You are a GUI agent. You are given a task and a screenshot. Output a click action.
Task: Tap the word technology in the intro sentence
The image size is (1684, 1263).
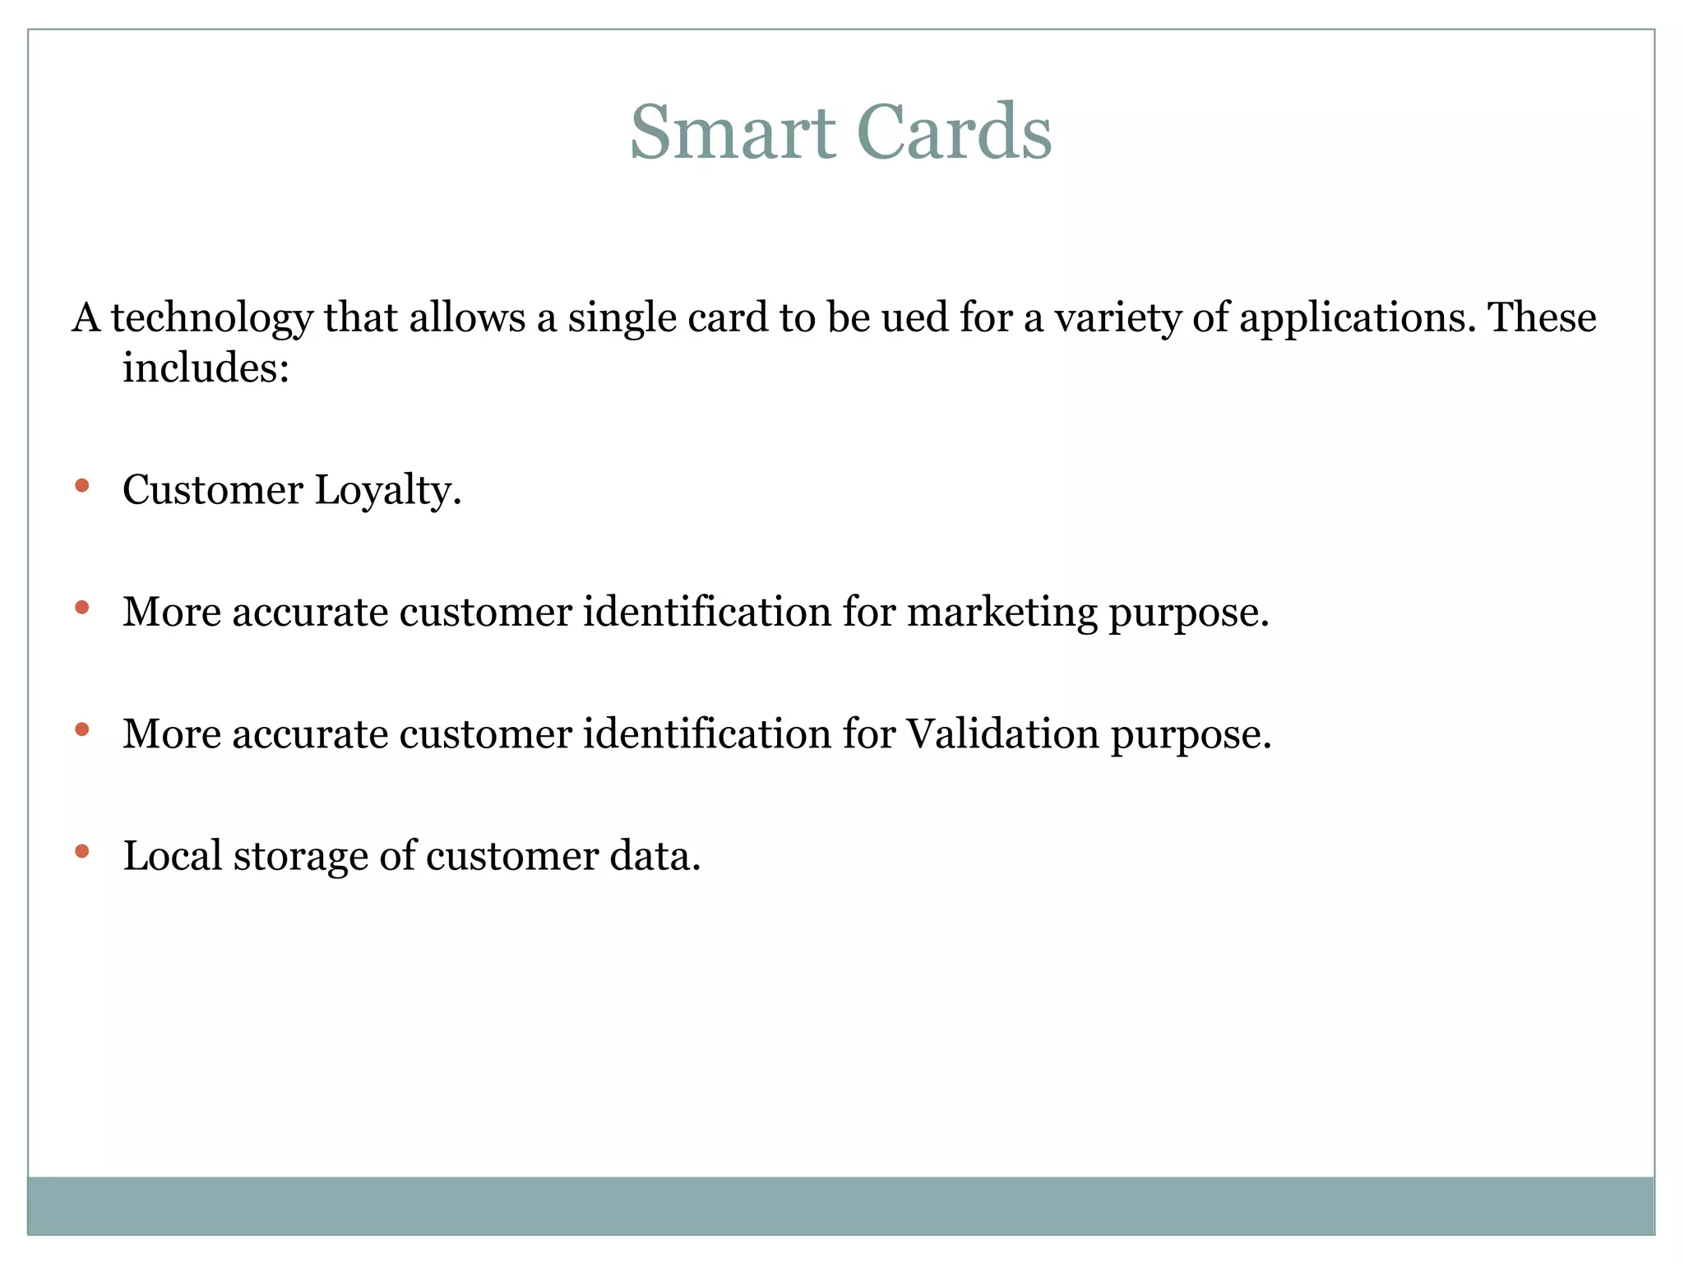point(211,319)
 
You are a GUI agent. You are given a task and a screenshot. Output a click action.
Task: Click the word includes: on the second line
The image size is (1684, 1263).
point(206,367)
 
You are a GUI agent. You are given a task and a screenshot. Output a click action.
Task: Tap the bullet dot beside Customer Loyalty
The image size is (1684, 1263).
point(81,486)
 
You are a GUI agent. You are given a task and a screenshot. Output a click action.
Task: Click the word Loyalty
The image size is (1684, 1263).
point(387,491)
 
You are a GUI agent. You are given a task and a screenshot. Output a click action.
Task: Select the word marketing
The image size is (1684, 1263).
point(1002,613)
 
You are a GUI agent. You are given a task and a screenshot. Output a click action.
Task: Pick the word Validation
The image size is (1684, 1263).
point(1002,733)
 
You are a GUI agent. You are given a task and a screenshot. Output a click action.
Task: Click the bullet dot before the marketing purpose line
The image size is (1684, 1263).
point(81,608)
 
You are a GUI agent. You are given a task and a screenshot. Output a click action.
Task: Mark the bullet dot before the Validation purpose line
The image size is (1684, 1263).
point(81,729)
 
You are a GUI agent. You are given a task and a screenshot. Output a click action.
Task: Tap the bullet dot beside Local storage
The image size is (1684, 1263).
point(81,851)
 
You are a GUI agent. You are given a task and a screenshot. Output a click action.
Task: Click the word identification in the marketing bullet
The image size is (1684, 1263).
point(707,612)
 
